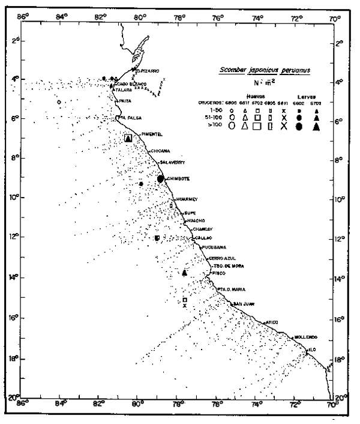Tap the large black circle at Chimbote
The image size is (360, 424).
(160, 178)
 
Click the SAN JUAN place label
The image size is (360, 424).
(245, 303)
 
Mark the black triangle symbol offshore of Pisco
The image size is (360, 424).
(185, 273)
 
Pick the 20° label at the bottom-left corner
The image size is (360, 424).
(13, 398)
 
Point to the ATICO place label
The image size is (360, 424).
(272, 322)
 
